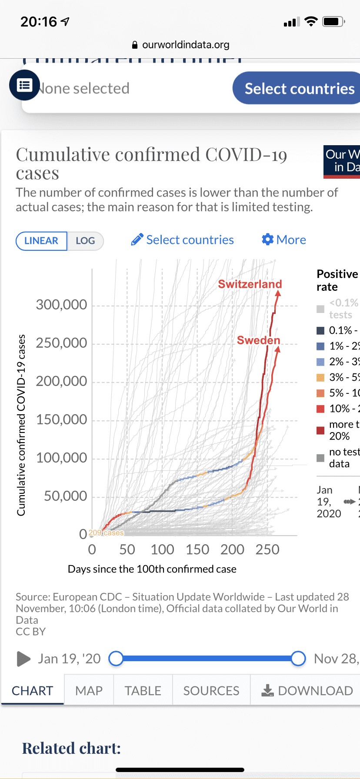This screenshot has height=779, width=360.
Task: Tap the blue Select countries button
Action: click(x=299, y=88)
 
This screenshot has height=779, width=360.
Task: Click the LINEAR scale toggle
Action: click(x=41, y=241)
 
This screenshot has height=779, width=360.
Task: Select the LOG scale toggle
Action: click(x=85, y=241)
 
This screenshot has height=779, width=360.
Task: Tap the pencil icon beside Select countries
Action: click(x=137, y=240)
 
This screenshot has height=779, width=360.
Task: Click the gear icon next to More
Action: click(x=267, y=240)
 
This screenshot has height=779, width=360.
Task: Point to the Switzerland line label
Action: click(x=250, y=284)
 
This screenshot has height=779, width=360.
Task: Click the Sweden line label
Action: click(x=258, y=340)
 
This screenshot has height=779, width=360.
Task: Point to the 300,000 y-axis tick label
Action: click(x=62, y=305)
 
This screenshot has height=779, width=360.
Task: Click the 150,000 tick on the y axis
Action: click(x=62, y=419)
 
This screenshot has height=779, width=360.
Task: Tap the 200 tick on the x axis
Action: click(x=232, y=549)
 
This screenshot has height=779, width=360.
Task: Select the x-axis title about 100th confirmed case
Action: click(x=152, y=569)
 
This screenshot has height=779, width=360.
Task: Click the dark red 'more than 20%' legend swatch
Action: click(x=320, y=430)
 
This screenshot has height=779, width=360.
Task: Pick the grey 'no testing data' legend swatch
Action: click(x=320, y=458)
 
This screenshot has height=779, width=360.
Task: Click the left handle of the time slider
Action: click(x=116, y=659)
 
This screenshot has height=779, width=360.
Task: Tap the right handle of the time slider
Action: click(x=298, y=659)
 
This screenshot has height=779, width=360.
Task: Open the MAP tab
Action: click(x=89, y=690)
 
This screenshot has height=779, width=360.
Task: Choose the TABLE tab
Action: click(x=143, y=690)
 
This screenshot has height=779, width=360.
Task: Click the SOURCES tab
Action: click(x=211, y=690)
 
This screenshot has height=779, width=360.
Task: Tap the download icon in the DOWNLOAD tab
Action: click(x=267, y=690)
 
